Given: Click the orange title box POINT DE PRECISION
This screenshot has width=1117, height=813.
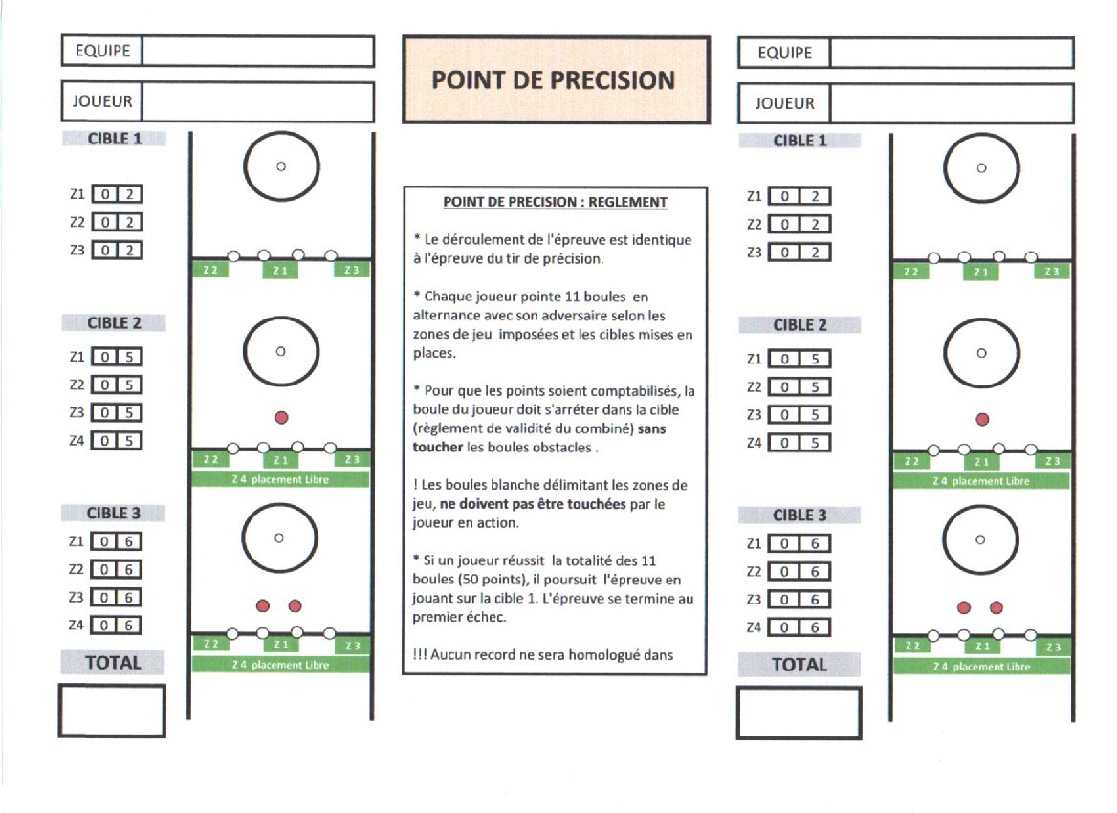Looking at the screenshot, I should point(555,80).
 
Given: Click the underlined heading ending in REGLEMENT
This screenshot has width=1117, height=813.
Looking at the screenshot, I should point(555,203).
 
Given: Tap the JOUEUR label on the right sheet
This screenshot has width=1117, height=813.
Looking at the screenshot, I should point(784,103).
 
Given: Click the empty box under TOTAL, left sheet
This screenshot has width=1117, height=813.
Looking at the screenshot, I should point(112,711).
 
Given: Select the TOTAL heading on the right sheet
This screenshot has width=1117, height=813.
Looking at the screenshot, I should point(799,664).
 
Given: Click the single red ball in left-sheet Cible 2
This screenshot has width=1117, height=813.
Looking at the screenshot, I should point(281,417).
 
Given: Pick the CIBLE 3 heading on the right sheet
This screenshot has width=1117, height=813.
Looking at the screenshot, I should point(799,516).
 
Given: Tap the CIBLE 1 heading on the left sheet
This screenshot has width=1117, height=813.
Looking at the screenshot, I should point(115,140).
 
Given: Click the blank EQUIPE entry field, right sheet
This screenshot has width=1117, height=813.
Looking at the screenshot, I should point(951,54).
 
